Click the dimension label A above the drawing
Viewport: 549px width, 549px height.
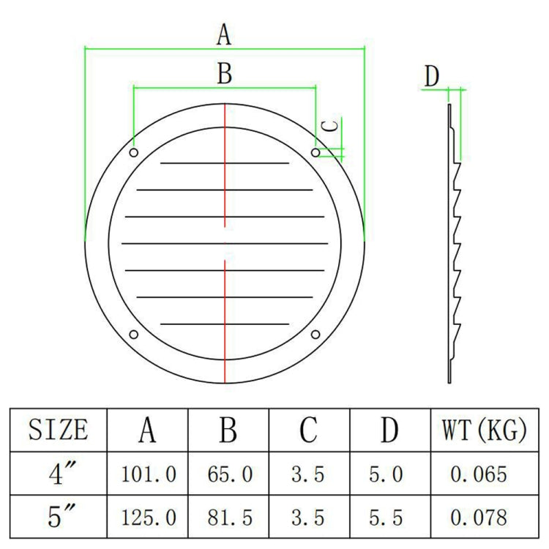click(x=225, y=34)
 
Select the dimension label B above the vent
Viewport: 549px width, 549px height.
click(x=225, y=73)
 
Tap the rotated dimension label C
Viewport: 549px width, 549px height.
click(x=331, y=125)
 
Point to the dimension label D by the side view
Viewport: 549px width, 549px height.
click(x=433, y=75)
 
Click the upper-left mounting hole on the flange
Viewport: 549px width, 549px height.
click(x=133, y=152)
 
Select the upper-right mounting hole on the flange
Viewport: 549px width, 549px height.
click(x=315, y=152)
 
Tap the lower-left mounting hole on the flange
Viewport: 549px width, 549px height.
click(x=133, y=335)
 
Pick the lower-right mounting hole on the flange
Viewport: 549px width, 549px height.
click(x=315, y=335)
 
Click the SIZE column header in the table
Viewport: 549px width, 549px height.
click(x=59, y=430)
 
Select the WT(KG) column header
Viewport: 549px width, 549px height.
click(x=484, y=430)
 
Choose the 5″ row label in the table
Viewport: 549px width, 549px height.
click(x=59, y=517)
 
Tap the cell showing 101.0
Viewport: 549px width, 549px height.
click(x=148, y=474)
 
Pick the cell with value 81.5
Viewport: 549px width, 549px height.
click(x=228, y=518)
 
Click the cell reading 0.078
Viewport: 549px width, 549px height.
click(x=479, y=518)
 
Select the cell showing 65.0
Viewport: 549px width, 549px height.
click(x=228, y=474)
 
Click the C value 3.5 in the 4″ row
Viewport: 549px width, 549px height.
click(x=308, y=474)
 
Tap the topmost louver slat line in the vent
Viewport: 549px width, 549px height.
click(x=225, y=163)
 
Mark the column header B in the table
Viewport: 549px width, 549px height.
click(x=228, y=430)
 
